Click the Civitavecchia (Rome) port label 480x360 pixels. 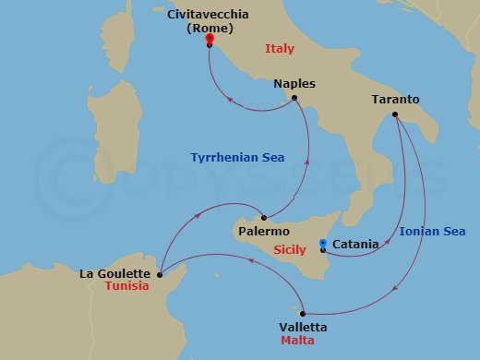[198, 21]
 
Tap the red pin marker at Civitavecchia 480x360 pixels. [210, 39]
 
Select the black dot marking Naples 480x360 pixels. [294, 99]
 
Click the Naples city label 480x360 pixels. [294, 84]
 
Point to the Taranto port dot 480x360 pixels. [395, 114]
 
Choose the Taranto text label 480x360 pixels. [395, 100]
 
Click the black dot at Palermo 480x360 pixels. [264, 217]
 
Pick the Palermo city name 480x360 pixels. [264, 231]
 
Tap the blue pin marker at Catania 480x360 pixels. [323, 244]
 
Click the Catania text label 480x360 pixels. [355, 245]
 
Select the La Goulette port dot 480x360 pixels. [160, 273]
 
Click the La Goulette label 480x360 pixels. [115, 272]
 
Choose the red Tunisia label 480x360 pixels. [126, 286]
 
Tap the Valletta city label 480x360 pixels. [303, 327]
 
